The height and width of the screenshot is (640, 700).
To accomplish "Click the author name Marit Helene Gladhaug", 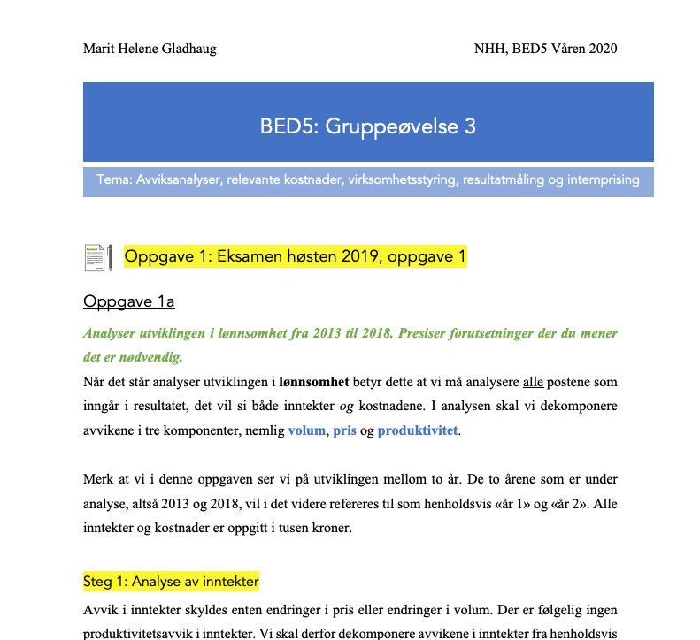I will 150,48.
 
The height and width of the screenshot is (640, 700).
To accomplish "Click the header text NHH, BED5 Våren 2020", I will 545,48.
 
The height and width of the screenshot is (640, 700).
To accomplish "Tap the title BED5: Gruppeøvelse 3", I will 367,126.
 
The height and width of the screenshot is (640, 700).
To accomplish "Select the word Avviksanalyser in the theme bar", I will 177,179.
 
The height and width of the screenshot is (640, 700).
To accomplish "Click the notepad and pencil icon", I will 97,257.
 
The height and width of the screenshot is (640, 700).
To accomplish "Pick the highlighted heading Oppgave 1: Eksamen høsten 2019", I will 295,257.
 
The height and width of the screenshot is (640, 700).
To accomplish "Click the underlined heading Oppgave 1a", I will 128,302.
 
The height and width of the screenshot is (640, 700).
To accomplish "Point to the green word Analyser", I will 113,334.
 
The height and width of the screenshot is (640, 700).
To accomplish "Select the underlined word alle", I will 533,383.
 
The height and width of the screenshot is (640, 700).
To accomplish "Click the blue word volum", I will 307,431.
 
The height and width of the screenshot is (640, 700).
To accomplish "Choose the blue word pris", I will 344,431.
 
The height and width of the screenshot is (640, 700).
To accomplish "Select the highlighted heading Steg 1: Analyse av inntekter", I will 171,582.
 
